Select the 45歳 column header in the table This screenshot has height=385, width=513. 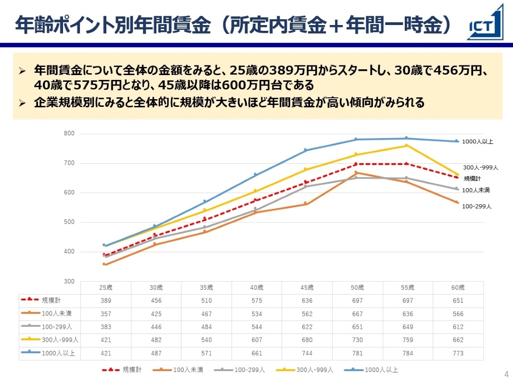click(307, 287)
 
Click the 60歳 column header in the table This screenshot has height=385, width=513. click(458, 287)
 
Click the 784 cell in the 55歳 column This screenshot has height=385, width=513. click(408, 353)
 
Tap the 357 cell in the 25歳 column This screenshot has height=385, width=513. click(105, 314)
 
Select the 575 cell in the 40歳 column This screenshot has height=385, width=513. click(256, 300)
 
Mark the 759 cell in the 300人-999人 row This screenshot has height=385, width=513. click(408, 340)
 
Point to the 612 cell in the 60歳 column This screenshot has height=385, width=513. click(458, 327)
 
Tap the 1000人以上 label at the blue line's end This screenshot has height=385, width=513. click(477, 141)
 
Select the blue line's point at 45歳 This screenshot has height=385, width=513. click(306, 150)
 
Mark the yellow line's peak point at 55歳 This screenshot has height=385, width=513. click(406, 145)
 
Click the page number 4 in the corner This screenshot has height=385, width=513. click(506, 374)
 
